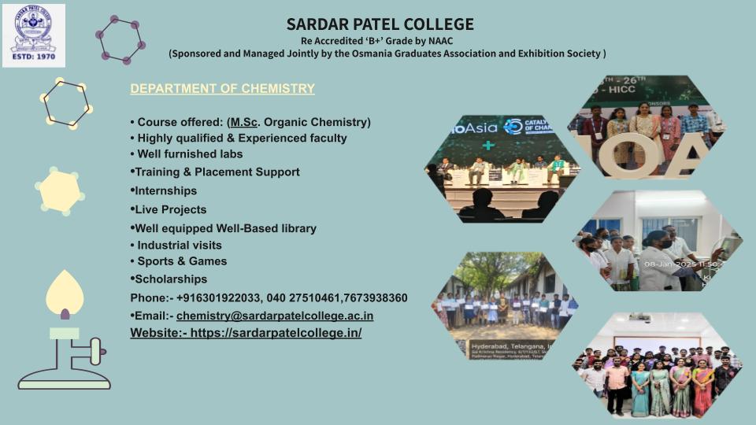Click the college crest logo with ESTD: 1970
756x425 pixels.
click(x=33, y=35)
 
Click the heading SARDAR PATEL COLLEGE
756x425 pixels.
click(x=380, y=24)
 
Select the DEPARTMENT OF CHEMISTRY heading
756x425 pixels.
click(x=222, y=89)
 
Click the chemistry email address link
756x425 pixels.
click(x=275, y=316)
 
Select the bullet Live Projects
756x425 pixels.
click(x=170, y=209)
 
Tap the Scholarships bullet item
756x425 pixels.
click(x=171, y=279)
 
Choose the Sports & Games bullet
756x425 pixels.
click(x=182, y=261)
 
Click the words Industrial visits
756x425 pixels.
click(x=180, y=245)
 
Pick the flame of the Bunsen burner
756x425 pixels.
click(x=65, y=292)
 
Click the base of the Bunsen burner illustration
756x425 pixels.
click(x=65, y=383)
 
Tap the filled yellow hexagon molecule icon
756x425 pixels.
click(x=60, y=191)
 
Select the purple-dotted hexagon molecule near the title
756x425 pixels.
click(x=120, y=39)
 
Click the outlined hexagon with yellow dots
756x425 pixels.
click(x=67, y=103)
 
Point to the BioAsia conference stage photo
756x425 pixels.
click(x=502, y=169)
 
